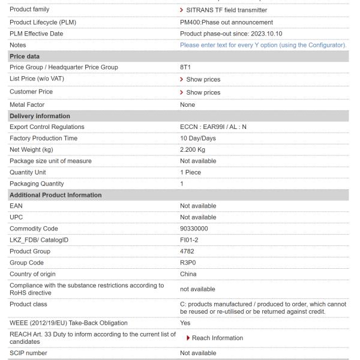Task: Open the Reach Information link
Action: (217, 338)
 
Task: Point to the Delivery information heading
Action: (41, 115)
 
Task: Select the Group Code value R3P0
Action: (190, 262)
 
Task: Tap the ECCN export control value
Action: (218, 127)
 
